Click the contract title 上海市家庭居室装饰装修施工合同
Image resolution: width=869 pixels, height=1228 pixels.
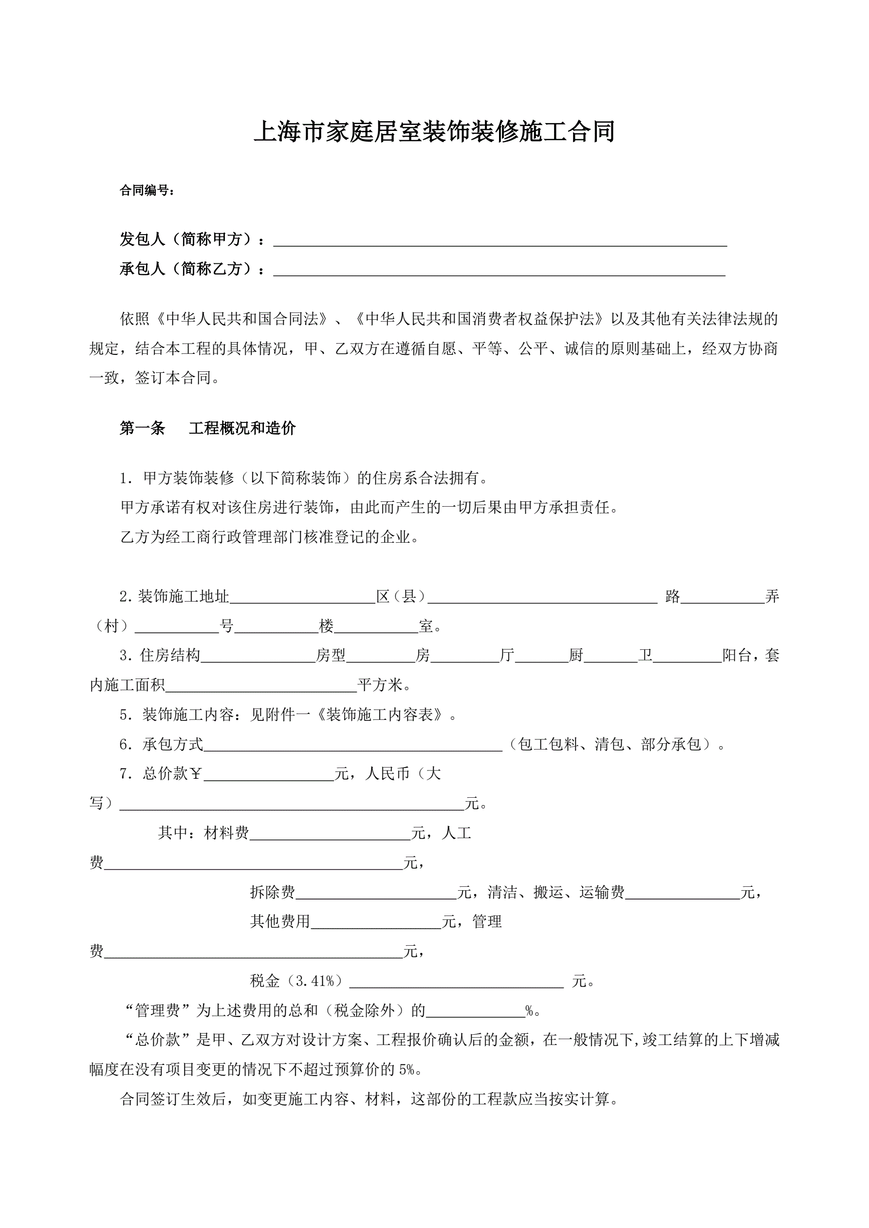pyautogui.click(x=434, y=132)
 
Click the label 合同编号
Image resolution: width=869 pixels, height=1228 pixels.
pyautogui.click(x=147, y=190)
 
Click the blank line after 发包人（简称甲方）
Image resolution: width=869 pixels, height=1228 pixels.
pyautogui.click(x=500, y=240)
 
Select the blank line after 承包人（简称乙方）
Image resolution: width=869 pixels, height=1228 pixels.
pyautogui.click(x=499, y=270)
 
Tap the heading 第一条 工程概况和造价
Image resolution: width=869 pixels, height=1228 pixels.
pyautogui.click(x=207, y=428)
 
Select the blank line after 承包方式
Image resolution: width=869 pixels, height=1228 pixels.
pyautogui.click(x=352, y=746)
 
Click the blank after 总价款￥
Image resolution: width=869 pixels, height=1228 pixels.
pyautogui.click(x=269, y=775)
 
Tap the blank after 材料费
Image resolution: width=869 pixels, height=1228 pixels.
pyautogui.click(x=330, y=834)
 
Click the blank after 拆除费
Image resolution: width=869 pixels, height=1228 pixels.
pyautogui.click(x=376, y=893)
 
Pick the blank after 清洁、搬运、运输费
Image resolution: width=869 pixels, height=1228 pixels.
pyautogui.click(x=682, y=893)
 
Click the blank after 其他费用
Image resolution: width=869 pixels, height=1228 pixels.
pyautogui.click(x=376, y=922)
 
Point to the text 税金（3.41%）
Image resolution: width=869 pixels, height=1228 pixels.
pyautogui.click(x=296, y=981)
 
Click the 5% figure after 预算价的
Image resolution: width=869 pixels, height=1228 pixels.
pyautogui.click(x=406, y=1069)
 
